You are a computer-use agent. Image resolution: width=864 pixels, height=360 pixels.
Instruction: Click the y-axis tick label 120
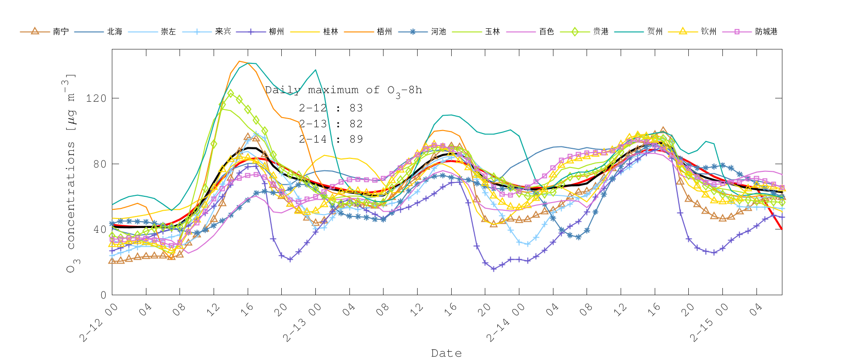(96, 98)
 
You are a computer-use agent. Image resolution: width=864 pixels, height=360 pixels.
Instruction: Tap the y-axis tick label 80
(99, 164)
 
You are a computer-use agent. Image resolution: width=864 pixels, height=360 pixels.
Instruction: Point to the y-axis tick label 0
(103, 295)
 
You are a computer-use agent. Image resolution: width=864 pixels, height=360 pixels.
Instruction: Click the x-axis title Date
(446, 353)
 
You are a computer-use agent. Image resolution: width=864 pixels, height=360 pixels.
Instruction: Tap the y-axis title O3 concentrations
(70, 173)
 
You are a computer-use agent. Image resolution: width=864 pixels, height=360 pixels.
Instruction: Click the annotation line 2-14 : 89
(331, 139)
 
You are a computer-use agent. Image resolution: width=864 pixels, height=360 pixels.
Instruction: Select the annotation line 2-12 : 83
(331, 108)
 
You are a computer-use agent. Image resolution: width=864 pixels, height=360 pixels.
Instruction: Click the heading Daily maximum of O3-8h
(343, 90)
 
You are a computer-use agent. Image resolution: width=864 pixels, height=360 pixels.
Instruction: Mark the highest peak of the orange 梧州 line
(240, 61)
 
